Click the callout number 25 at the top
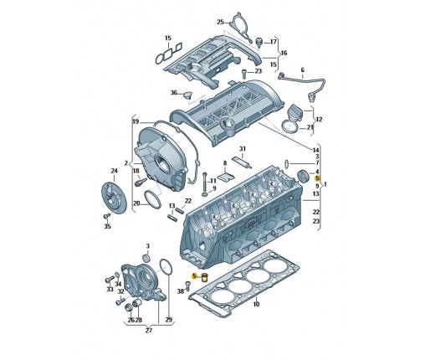220,22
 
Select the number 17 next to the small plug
274,42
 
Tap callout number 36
174,92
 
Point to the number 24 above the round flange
115,171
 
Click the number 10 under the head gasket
256,304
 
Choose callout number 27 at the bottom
149,331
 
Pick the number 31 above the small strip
243,149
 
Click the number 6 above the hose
303,70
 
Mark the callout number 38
181,291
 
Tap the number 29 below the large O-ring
169,320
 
